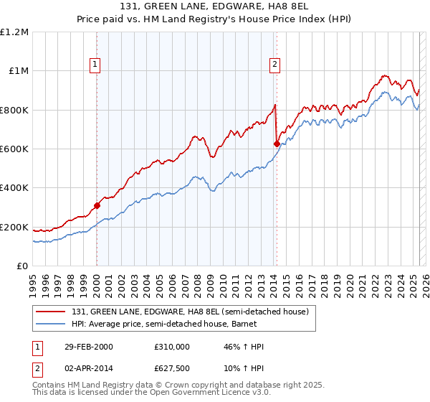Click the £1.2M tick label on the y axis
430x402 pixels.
(x=14, y=32)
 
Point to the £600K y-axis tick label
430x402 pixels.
(x=14, y=149)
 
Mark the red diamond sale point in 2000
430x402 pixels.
(x=97, y=205)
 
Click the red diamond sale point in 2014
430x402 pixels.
(x=277, y=144)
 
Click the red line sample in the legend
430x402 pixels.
(x=52, y=312)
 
